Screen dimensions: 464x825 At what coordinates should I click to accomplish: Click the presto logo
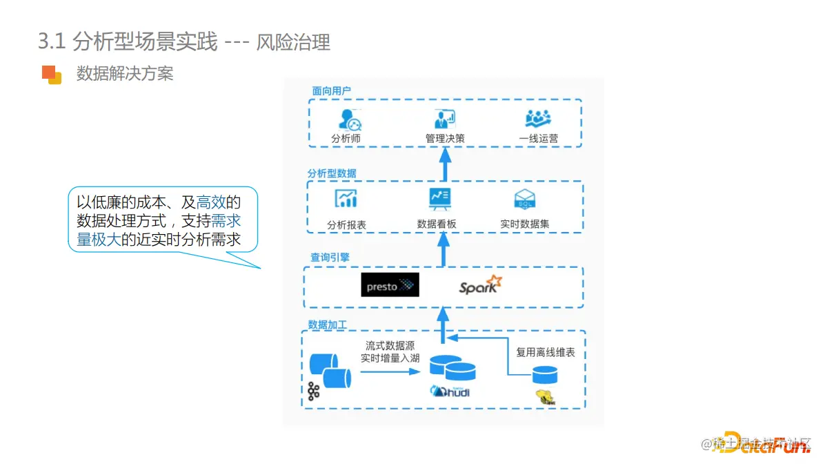click(x=390, y=286)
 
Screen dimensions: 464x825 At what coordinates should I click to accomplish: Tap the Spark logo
click(x=480, y=285)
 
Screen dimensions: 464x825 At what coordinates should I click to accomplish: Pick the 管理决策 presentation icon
click(x=445, y=118)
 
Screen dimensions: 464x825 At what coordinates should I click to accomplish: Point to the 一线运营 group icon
click(x=538, y=119)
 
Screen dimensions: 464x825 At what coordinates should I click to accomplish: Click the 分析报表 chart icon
click(x=346, y=199)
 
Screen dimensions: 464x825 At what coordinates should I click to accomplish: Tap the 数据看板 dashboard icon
click(x=439, y=199)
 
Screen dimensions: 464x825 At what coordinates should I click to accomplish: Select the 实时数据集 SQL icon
click(x=525, y=200)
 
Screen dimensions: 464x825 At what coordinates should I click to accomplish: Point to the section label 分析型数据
click(x=332, y=173)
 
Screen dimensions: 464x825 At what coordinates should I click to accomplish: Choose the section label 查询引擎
click(x=330, y=257)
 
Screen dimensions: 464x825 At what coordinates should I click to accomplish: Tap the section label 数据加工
click(x=328, y=325)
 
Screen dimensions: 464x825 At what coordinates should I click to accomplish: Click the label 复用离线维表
click(x=546, y=352)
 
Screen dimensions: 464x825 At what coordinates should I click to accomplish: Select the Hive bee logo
click(x=545, y=397)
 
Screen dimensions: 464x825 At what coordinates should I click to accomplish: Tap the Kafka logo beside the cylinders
click(x=315, y=391)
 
